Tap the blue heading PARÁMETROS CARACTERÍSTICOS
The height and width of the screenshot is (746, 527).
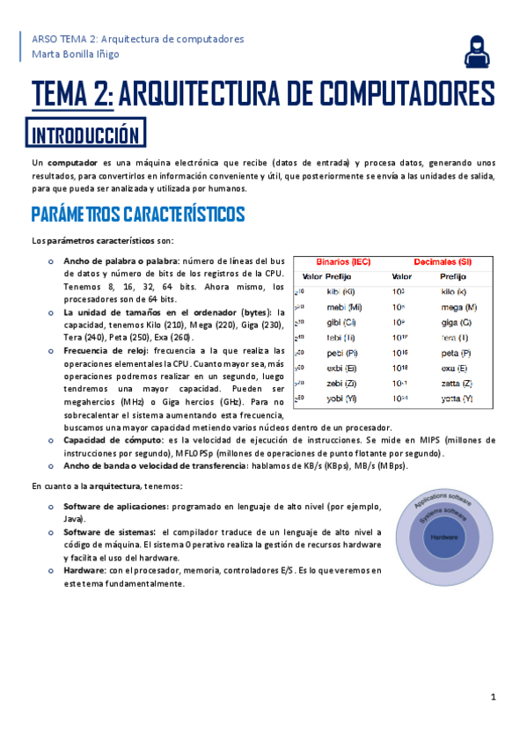click(138, 214)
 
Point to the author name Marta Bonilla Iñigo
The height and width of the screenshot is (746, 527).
click(75, 55)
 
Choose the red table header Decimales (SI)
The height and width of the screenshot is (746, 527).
click(442, 262)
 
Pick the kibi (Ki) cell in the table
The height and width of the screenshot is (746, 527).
click(340, 291)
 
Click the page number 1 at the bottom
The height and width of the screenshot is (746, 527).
click(494, 697)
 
